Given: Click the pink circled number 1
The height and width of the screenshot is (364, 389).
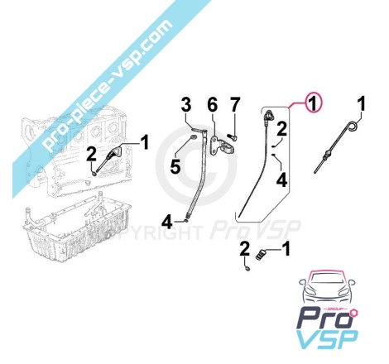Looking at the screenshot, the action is coord(312,103).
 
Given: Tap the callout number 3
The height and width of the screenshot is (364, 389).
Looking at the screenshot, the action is coord(186,105).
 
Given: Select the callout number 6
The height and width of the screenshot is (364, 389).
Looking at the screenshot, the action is coord(212,104).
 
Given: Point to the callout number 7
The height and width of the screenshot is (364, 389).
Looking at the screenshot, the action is coord(234,105).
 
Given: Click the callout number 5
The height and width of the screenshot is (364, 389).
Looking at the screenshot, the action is coord(175,166).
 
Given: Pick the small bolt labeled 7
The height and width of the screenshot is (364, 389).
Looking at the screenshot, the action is coord(233,136).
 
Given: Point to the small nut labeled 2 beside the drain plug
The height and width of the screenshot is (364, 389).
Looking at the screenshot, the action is coord(247,268).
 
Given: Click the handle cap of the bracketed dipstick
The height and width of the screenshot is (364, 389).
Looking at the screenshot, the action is coord(268,116).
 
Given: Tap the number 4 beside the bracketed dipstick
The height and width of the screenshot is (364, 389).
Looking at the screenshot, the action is coord(281,180).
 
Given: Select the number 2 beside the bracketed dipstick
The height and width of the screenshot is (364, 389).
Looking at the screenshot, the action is coord(281,129).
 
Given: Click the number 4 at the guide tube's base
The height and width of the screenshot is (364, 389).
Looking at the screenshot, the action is coord(167,223).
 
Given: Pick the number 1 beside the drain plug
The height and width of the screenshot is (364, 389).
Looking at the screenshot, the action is coord(286,248).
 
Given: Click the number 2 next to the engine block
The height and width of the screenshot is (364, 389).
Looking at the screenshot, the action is coord(91,155).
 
